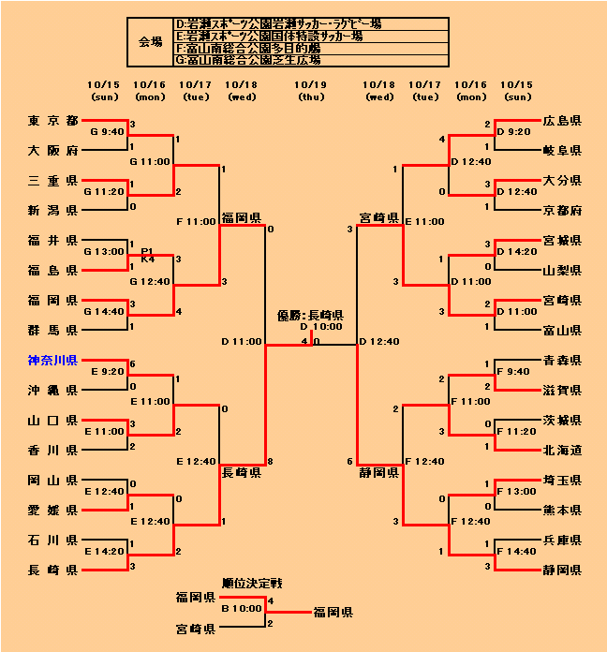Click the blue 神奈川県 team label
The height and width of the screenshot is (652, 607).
point(52,360)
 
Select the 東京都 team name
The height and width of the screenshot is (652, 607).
point(52,121)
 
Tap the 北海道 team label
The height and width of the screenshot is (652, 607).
point(562,450)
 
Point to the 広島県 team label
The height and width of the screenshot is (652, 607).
point(562,121)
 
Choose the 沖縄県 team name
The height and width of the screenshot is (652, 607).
point(52,390)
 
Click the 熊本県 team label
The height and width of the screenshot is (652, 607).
point(562,510)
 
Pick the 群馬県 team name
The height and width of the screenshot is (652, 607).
point(52,330)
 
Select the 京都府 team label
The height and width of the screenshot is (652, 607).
point(562,210)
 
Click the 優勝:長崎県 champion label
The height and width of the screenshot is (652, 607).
point(311,316)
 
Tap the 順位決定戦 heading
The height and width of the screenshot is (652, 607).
point(252,584)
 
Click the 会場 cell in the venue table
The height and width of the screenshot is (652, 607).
point(150,42)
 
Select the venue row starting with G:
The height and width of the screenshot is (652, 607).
point(248,60)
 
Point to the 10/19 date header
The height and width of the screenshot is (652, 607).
point(311,84)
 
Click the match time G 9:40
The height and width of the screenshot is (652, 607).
point(107,132)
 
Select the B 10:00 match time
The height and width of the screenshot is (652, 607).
point(243,608)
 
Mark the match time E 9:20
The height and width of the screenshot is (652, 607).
point(108,371)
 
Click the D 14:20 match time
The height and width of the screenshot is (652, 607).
point(516,251)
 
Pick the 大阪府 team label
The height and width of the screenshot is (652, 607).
point(52,151)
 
